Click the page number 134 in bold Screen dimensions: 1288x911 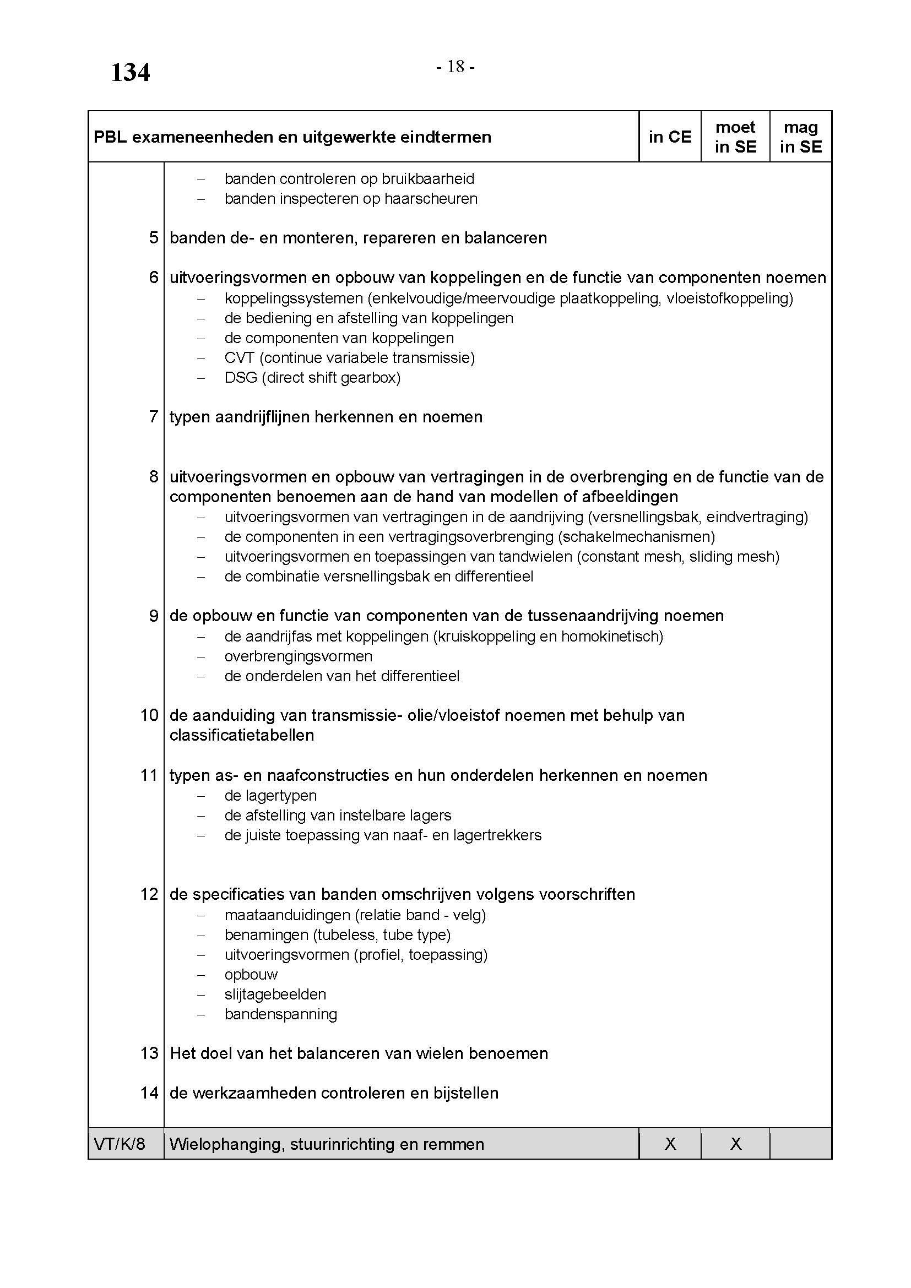[x=130, y=72]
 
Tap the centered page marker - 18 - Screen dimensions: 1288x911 [x=455, y=67]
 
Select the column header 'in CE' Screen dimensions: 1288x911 [x=670, y=137]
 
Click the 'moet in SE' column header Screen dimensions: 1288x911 [x=735, y=137]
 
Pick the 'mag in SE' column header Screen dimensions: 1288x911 [x=800, y=137]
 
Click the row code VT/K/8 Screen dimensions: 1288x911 [x=119, y=1144]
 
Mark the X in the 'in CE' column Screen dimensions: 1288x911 [x=670, y=1144]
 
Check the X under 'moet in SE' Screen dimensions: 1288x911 [x=735, y=1144]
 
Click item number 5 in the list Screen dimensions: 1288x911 [x=154, y=238]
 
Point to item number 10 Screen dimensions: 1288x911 [x=149, y=715]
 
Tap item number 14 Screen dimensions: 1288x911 [x=149, y=1093]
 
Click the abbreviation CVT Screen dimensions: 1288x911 [x=240, y=358]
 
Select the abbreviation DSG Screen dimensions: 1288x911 [x=241, y=378]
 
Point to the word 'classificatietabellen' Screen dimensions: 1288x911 [x=242, y=736]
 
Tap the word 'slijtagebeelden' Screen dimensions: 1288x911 [x=275, y=994]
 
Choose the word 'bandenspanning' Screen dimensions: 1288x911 [x=280, y=1014]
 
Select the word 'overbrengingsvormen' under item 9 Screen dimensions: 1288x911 [x=299, y=656]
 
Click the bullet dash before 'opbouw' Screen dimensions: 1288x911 [x=201, y=975]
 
